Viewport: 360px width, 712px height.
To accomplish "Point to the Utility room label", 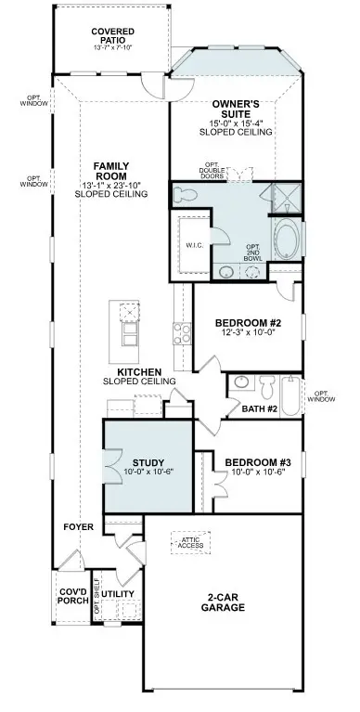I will point(118,594).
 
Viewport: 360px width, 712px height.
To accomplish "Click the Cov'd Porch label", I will point(72,595).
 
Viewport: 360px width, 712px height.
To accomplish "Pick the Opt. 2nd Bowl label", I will point(251,251).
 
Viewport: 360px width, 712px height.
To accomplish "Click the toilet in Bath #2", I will point(266,384).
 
